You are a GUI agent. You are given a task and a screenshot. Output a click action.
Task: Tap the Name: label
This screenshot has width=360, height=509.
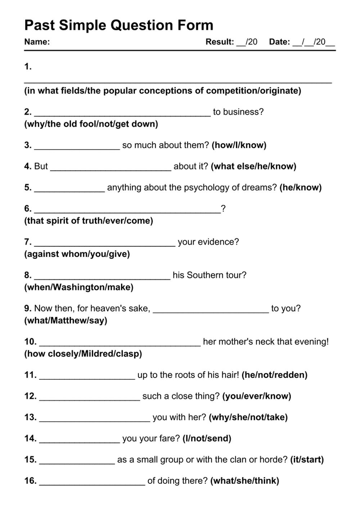coord(37,42)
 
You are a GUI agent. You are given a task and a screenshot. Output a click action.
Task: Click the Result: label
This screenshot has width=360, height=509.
coord(220,42)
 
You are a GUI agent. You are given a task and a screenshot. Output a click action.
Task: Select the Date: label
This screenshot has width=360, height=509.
coord(279,42)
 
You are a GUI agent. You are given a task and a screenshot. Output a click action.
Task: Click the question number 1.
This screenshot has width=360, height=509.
coord(28,67)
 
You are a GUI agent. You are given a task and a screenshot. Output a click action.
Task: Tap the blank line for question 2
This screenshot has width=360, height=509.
coord(122,114)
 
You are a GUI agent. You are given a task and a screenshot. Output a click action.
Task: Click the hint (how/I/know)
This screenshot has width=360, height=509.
coord(239,145)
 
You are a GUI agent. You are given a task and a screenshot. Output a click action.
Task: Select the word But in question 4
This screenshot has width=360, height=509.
coord(41,166)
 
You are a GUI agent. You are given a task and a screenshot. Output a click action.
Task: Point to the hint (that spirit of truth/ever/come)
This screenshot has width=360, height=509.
coord(89,221)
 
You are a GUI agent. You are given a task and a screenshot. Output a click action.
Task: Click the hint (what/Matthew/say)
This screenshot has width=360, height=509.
coord(66,320)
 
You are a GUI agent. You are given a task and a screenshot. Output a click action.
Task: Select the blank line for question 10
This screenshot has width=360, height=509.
coord(120,344)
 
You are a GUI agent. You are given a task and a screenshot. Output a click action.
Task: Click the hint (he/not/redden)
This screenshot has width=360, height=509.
coord(274,375)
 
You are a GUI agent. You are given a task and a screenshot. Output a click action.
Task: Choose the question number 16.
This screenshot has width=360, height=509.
coord(30,481)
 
